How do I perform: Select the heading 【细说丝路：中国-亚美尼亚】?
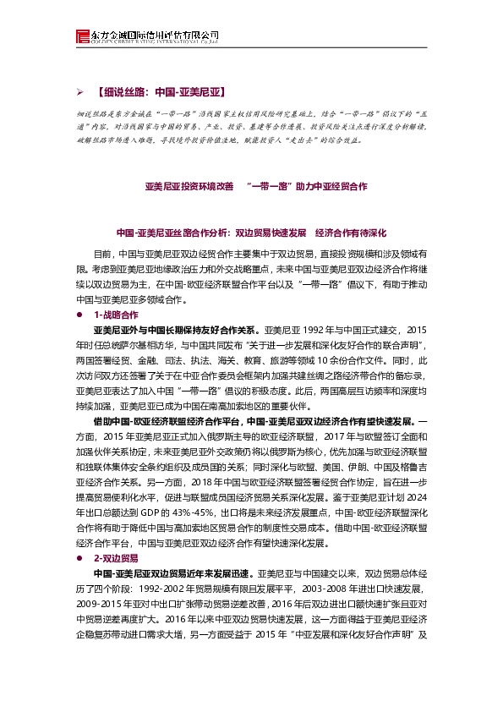point(160,90)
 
